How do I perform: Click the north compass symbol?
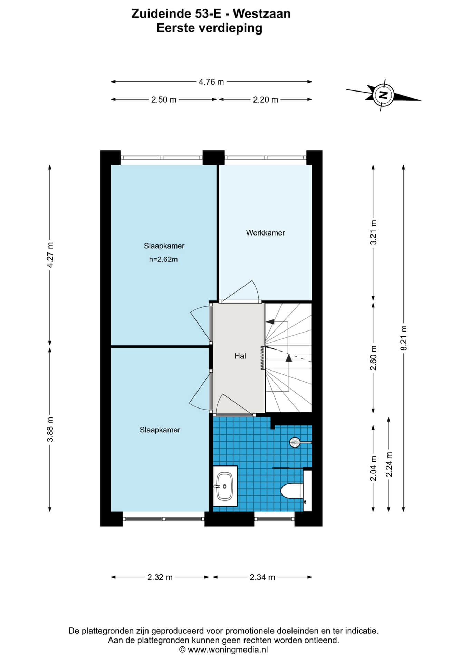pyautogui.click(x=383, y=95)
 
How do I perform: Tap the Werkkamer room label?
pyautogui.click(x=265, y=233)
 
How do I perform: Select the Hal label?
pyautogui.click(x=240, y=356)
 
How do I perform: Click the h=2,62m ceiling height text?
pyautogui.click(x=163, y=259)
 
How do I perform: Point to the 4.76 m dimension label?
pyautogui.click(x=211, y=82)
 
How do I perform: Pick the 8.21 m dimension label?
pyautogui.click(x=403, y=338)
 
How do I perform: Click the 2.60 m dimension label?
pyautogui.click(x=373, y=358)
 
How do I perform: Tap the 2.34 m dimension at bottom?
pyautogui.click(x=262, y=577)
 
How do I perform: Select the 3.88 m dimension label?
pyautogui.click(x=50, y=429)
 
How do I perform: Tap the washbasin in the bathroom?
pyautogui.click(x=225, y=486)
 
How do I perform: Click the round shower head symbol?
pyautogui.click(x=295, y=442)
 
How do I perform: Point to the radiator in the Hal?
pyautogui.click(x=262, y=358)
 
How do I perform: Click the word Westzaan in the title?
pyautogui.click(x=261, y=13)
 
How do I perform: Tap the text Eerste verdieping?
pyautogui.click(x=209, y=28)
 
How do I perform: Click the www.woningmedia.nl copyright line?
pyautogui.click(x=223, y=650)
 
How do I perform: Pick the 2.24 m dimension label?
pyautogui.click(x=389, y=464)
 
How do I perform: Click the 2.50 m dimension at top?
pyautogui.click(x=164, y=100)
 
